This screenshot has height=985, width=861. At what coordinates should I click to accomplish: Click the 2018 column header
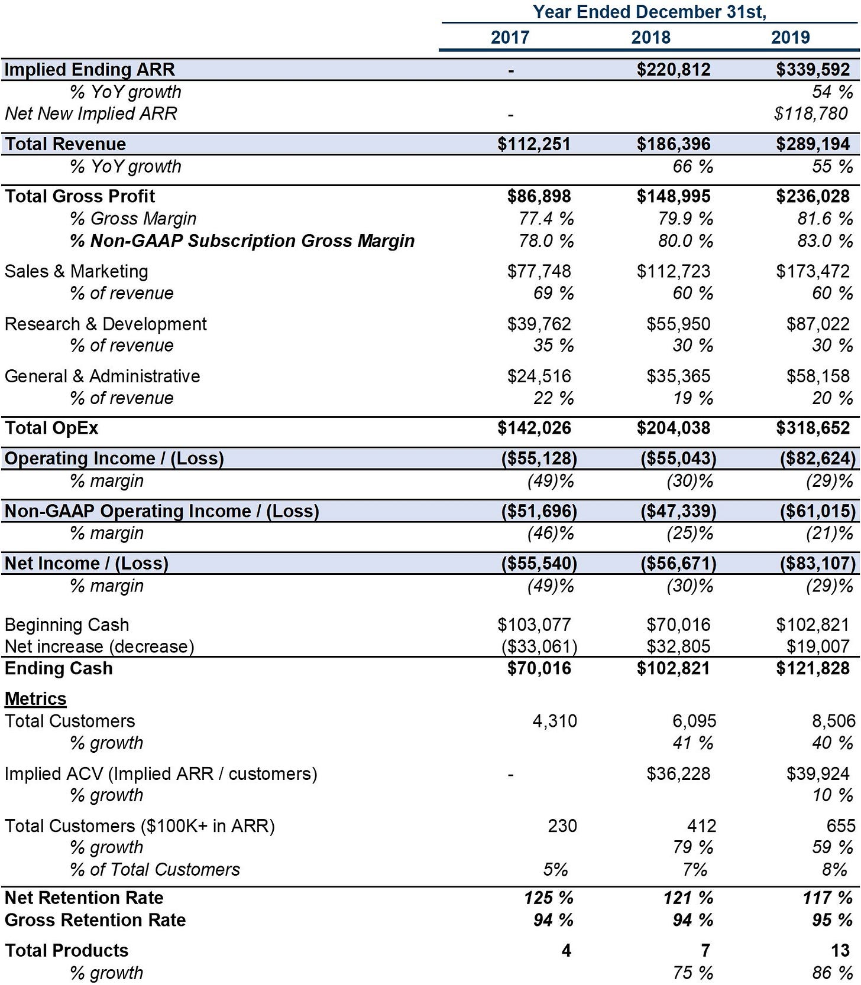(x=650, y=37)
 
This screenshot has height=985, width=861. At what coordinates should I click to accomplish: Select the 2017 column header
(x=510, y=37)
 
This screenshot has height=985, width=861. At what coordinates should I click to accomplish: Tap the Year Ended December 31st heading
(x=649, y=12)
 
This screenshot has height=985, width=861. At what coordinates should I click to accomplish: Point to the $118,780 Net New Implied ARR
(x=811, y=113)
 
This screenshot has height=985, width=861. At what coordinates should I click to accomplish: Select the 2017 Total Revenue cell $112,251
(x=534, y=144)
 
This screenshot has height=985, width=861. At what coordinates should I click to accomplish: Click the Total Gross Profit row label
(x=80, y=196)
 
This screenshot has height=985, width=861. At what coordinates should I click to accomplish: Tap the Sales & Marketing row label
(x=76, y=271)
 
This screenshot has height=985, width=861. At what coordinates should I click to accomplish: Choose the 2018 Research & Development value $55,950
(x=678, y=324)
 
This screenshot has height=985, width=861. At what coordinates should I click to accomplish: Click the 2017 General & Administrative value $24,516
(x=539, y=376)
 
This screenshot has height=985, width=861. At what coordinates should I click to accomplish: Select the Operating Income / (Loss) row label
(x=114, y=459)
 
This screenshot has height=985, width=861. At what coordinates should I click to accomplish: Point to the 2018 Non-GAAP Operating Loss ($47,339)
(x=678, y=511)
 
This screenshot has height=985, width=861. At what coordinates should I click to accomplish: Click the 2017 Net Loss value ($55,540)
(x=539, y=563)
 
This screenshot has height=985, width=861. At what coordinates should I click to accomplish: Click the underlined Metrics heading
(x=35, y=699)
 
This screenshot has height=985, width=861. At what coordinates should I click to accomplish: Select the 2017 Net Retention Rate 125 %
(x=549, y=898)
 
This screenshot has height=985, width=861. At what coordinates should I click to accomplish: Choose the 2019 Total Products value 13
(x=840, y=950)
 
